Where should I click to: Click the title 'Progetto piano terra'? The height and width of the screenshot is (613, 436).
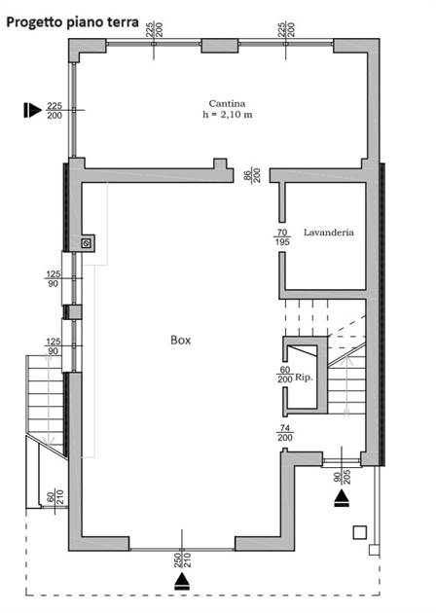(73, 21)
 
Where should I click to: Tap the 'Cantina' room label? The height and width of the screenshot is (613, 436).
(227, 103)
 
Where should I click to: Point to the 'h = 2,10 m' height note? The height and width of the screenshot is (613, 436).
(227, 115)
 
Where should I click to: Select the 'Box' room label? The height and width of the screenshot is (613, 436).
(181, 341)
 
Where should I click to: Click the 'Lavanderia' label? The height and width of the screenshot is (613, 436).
(329, 233)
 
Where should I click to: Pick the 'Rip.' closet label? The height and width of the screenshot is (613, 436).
(304, 378)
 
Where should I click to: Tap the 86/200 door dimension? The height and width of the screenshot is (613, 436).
(253, 175)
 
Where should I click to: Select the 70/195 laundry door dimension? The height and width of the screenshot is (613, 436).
(282, 237)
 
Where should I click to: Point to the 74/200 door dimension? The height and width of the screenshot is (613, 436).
(285, 433)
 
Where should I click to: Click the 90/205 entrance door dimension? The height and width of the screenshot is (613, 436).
(343, 477)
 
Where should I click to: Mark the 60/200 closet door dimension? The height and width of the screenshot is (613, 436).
(284, 375)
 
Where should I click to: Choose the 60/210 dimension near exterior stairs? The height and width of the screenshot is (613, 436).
(55, 496)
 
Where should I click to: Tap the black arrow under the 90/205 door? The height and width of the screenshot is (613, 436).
(343, 498)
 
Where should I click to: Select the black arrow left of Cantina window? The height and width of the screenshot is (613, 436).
(32, 110)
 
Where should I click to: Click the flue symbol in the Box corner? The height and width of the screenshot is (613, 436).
(87, 243)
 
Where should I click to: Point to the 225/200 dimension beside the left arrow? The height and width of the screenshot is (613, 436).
(54, 111)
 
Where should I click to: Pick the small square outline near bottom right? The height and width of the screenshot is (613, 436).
(360, 532)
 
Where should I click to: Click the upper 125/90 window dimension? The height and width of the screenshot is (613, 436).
(54, 278)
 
